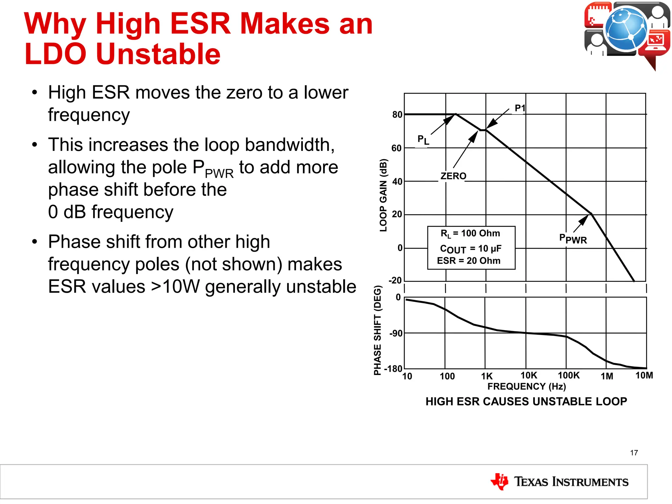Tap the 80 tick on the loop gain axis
click(397, 115)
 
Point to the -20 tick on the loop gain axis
click(395, 281)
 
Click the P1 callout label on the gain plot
click(520, 108)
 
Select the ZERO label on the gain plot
click(453, 176)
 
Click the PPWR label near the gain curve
click(573, 239)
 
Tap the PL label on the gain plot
click(423, 140)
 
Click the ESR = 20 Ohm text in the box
click(469, 261)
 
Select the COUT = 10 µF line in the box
click(471, 249)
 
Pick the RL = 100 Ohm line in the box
click(470, 234)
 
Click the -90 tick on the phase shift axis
click(396, 334)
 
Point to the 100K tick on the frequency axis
click(569, 375)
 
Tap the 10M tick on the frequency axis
click(644, 375)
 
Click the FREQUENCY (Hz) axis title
click(527, 387)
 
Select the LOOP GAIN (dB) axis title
click(383, 195)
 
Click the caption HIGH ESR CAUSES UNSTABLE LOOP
click(526, 402)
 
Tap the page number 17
click(634, 453)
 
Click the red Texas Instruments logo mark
click(499, 481)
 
